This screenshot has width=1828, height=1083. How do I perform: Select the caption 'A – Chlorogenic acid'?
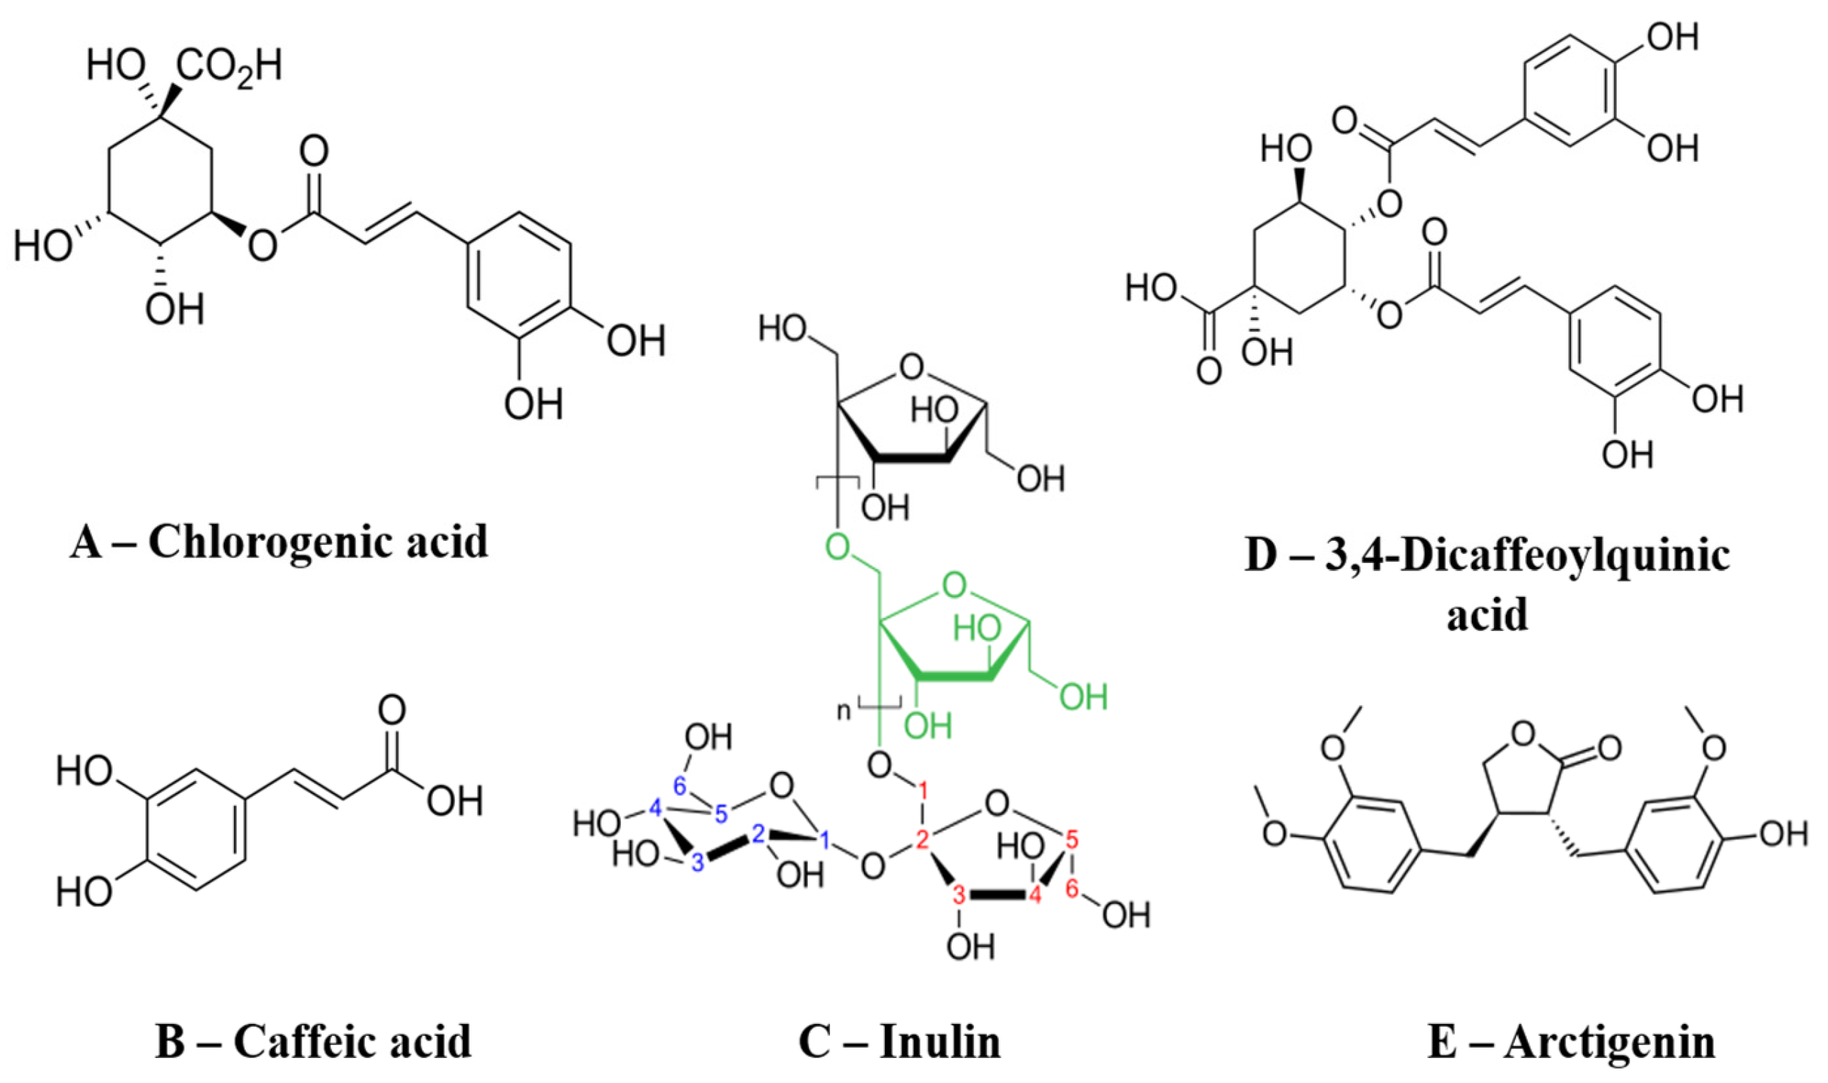click(x=280, y=541)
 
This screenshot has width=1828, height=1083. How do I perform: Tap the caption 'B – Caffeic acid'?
click(x=313, y=1041)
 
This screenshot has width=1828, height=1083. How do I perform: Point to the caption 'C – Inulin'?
click(x=899, y=1041)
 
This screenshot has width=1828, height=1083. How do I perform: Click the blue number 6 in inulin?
click(x=681, y=786)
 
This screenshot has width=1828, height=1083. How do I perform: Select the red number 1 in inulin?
click(x=923, y=790)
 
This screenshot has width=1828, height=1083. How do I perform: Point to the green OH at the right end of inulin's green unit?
click(x=1083, y=698)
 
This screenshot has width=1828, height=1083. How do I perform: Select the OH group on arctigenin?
click(x=1784, y=834)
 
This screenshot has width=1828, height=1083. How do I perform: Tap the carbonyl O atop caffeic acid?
click(x=392, y=710)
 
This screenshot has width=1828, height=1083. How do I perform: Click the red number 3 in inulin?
click(x=959, y=895)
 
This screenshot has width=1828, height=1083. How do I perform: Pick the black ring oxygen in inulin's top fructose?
click(x=911, y=368)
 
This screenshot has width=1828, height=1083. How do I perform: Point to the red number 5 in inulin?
click(x=1071, y=839)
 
